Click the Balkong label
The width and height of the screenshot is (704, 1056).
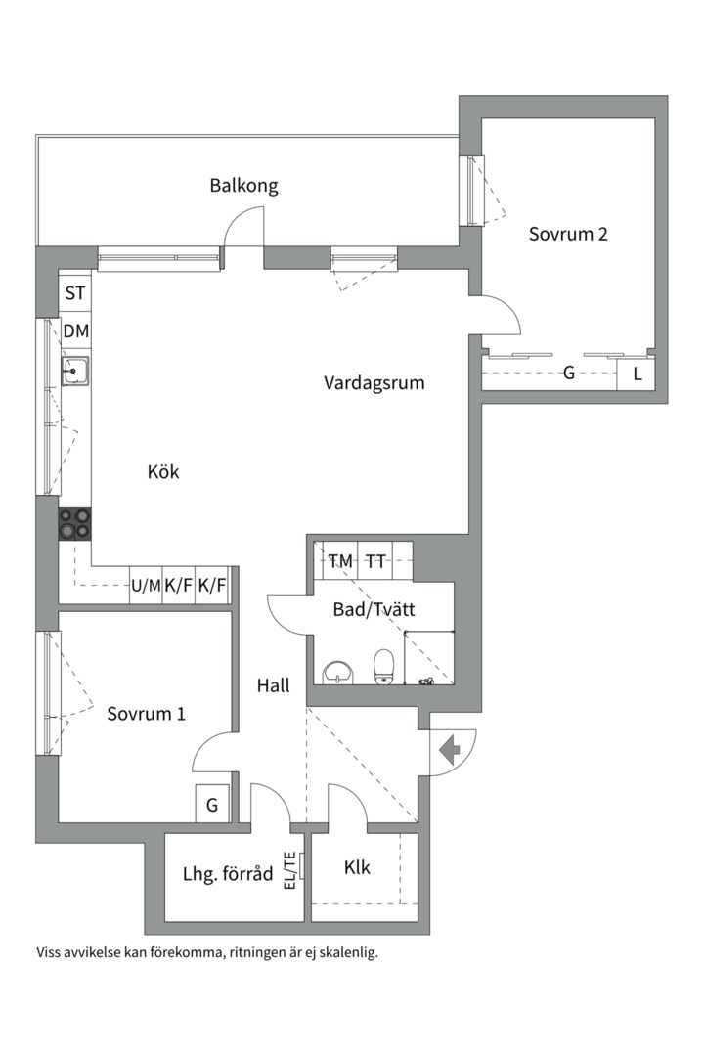tap(243, 185)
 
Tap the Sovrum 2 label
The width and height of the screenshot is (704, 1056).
tap(568, 234)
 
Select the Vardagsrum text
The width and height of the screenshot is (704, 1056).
tap(374, 383)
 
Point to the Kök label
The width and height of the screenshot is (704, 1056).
tap(163, 471)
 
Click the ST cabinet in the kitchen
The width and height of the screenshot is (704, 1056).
tap(74, 293)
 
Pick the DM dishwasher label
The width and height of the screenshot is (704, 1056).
tap(75, 330)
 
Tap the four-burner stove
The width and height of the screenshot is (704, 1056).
tap(74, 524)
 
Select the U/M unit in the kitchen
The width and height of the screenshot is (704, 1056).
tap(146, 586)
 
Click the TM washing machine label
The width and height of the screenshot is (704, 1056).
tap(340, 560)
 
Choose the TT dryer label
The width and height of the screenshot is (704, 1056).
tap(375, 560)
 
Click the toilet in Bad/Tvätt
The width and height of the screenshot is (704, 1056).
tap(383, 667)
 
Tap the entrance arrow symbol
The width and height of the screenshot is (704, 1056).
tap(449, 748)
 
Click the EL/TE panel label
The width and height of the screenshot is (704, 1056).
tap(290, 870)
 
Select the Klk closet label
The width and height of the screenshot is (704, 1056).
tap(357, 867)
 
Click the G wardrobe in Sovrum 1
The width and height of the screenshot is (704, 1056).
tap(212, 804)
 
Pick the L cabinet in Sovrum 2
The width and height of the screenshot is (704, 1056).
tap(637, 374)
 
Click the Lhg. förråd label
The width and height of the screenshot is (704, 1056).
tap(228, 874)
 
